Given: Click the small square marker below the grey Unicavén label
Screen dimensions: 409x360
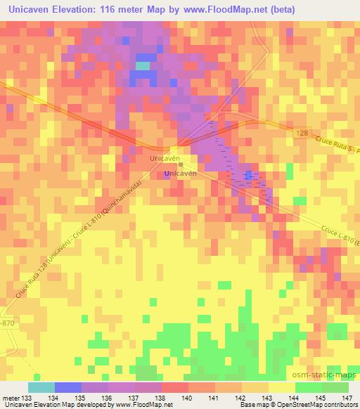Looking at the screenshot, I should (180, 166).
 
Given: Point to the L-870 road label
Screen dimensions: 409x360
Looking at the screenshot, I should (6, 322).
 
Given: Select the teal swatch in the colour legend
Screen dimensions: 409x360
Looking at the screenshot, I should (41, 387).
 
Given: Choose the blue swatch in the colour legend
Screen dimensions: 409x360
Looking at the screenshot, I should (67, 387).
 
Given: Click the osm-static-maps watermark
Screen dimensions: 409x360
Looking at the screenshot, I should (330, 376).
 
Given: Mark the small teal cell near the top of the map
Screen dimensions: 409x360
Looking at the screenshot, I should (143, 65).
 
